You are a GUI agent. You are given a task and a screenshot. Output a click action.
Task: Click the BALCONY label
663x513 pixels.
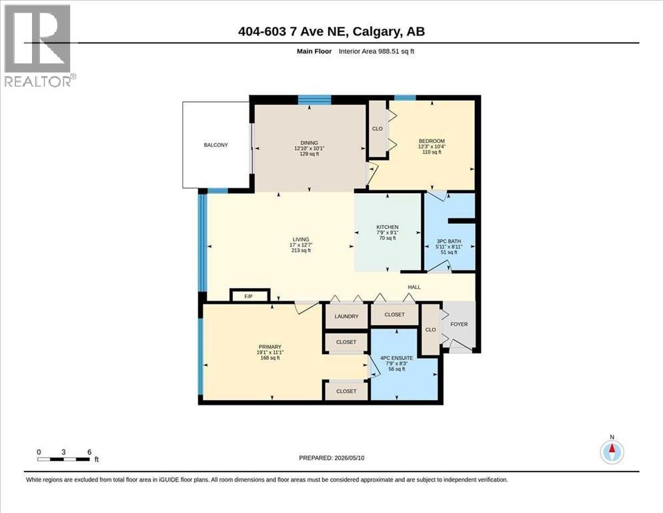click(215, 145)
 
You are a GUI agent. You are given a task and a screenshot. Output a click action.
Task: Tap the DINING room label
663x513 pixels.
click(309, 143)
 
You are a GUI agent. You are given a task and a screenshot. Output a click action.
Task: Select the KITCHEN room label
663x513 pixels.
click(388, 227)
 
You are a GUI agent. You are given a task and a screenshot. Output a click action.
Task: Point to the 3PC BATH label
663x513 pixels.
click(449, 241)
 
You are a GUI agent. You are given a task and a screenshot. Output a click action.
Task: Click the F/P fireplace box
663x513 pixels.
click(249, 295)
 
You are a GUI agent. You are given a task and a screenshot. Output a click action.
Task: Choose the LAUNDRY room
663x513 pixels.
click(346, 316)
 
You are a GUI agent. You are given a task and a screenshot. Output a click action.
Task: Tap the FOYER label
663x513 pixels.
click(459, 324)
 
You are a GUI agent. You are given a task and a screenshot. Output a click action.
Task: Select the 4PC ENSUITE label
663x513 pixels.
click(396, 358)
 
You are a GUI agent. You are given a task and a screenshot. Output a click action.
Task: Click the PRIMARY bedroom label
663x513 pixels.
click(269, 347)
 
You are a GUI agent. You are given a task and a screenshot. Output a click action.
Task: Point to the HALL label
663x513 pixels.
click(414, 287)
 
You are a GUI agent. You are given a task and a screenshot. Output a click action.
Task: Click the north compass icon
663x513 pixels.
click(612, 452)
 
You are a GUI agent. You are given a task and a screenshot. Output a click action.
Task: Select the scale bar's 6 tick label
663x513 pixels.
click(89, 452)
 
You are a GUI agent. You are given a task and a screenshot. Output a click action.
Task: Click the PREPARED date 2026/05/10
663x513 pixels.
click(350, 458)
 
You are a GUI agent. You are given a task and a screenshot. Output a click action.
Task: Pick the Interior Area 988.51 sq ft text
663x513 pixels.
click(376, 51)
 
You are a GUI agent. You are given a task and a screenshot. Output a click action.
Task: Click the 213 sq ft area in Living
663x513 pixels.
click(301, 250)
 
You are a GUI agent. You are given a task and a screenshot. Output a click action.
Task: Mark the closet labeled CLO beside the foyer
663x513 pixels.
click(431, 329)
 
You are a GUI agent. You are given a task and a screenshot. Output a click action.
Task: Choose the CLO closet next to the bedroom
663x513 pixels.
click(378, 129)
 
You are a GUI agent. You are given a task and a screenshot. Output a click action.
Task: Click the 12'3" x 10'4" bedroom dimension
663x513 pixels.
click(432, 146)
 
